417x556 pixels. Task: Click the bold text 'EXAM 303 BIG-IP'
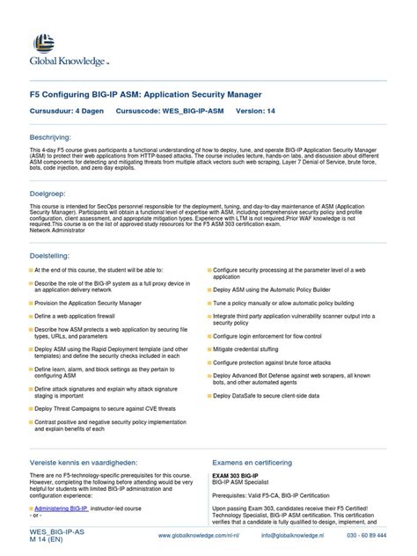pyautogui.click(x=241, y=477)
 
